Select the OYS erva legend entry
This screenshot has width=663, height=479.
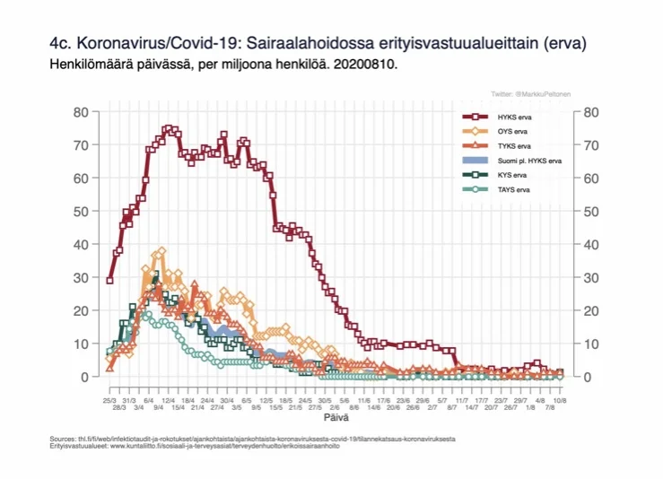click(x=512, y=132)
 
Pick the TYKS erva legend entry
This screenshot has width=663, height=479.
click(x=513, y=146)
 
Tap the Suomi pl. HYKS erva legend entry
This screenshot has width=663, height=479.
click(x=529, y=161)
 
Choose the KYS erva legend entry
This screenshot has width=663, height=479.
click(x=512, y=175)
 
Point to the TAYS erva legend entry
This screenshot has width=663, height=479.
click(x=513, y=189)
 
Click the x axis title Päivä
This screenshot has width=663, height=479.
click(x=337, y=417)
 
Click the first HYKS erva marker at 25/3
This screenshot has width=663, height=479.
click(x=109, y=280)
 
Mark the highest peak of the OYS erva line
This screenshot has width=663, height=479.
click(x=161, y=251)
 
